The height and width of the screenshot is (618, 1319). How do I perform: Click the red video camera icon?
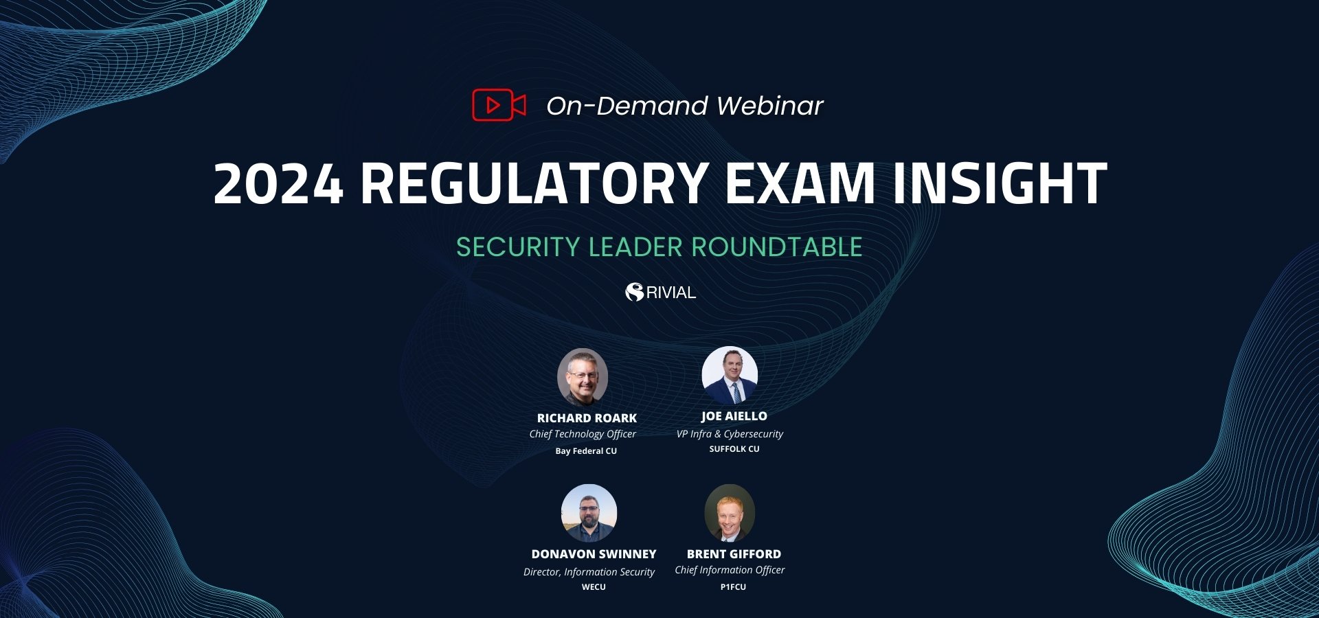coord(499,105)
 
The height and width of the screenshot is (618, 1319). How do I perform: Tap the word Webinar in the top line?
coord(769,106)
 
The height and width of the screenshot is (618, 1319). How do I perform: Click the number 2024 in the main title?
coord(278,183)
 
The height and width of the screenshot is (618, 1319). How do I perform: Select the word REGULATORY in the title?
coord(534,183)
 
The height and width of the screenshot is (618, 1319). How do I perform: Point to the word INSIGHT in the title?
coord(1000,183)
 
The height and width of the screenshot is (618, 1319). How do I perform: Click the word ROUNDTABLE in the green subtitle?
coord(776,247)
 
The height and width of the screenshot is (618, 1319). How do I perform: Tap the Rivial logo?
coord(660,292)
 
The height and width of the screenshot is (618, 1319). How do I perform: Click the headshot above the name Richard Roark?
coord(583,377)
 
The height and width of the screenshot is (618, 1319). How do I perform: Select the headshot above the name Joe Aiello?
coord(730,375)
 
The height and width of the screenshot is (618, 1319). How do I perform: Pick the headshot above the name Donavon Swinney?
coord(589,513)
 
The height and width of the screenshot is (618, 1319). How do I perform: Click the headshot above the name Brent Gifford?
coord(730,513)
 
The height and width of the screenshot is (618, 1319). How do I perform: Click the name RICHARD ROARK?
coord(587,418)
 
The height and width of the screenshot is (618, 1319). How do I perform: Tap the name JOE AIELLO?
coord(734,416)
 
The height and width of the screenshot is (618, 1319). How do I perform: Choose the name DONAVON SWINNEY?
coord(594,554)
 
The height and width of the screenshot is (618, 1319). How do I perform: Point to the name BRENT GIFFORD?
coord(734,554)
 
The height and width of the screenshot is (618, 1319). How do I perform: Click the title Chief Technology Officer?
coord(583,434)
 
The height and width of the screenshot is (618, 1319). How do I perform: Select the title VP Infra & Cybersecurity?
coord(730,434)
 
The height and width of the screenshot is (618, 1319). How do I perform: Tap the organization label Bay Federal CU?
coord(586,451)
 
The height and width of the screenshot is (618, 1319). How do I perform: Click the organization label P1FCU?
coord(733,587)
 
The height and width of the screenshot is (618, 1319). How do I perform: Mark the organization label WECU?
coord(594,587)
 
